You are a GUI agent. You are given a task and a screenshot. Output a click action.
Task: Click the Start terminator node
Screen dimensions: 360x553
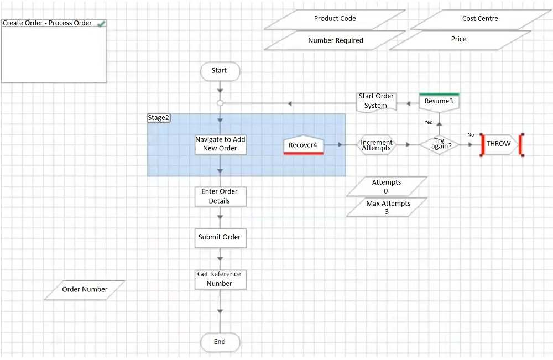(220, 71)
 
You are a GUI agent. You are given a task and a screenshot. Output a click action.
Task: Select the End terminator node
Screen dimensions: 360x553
(220, 342)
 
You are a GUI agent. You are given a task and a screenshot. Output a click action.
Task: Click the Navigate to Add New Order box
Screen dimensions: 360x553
(220, 144)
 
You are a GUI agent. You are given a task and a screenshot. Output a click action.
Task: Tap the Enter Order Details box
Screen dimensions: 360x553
(220, 196)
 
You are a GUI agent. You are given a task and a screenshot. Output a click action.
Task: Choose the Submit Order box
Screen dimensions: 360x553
(220, 237)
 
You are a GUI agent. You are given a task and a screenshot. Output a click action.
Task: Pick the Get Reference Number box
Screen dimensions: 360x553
(220, 279)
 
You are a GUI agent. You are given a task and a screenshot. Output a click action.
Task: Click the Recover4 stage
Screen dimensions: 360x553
(303, 145)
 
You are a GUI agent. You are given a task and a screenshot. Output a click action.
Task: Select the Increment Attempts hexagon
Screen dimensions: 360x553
(377, 145)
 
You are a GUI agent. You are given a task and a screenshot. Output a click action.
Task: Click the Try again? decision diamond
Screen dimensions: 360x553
(439, 144)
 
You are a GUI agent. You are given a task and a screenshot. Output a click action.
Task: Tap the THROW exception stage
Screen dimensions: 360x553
(499, 144)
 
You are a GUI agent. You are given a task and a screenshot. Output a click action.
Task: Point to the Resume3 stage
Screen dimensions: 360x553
(439, 102)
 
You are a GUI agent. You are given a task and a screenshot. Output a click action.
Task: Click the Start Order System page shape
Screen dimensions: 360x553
(376, 101)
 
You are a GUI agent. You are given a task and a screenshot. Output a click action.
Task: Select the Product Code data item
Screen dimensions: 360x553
(335, 19)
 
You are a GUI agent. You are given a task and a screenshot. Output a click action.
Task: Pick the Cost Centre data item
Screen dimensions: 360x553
(480, 19)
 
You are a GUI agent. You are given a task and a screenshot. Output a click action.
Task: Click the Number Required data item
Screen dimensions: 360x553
(335, 40)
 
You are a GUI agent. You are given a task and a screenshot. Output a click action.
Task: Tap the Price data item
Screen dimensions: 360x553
(459, 39)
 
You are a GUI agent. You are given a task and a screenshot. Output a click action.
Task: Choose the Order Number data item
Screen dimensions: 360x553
(85, 289)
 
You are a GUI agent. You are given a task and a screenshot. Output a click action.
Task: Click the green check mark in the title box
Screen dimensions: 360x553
(101, 24)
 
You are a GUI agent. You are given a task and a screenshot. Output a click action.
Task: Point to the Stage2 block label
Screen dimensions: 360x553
(159, 118)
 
